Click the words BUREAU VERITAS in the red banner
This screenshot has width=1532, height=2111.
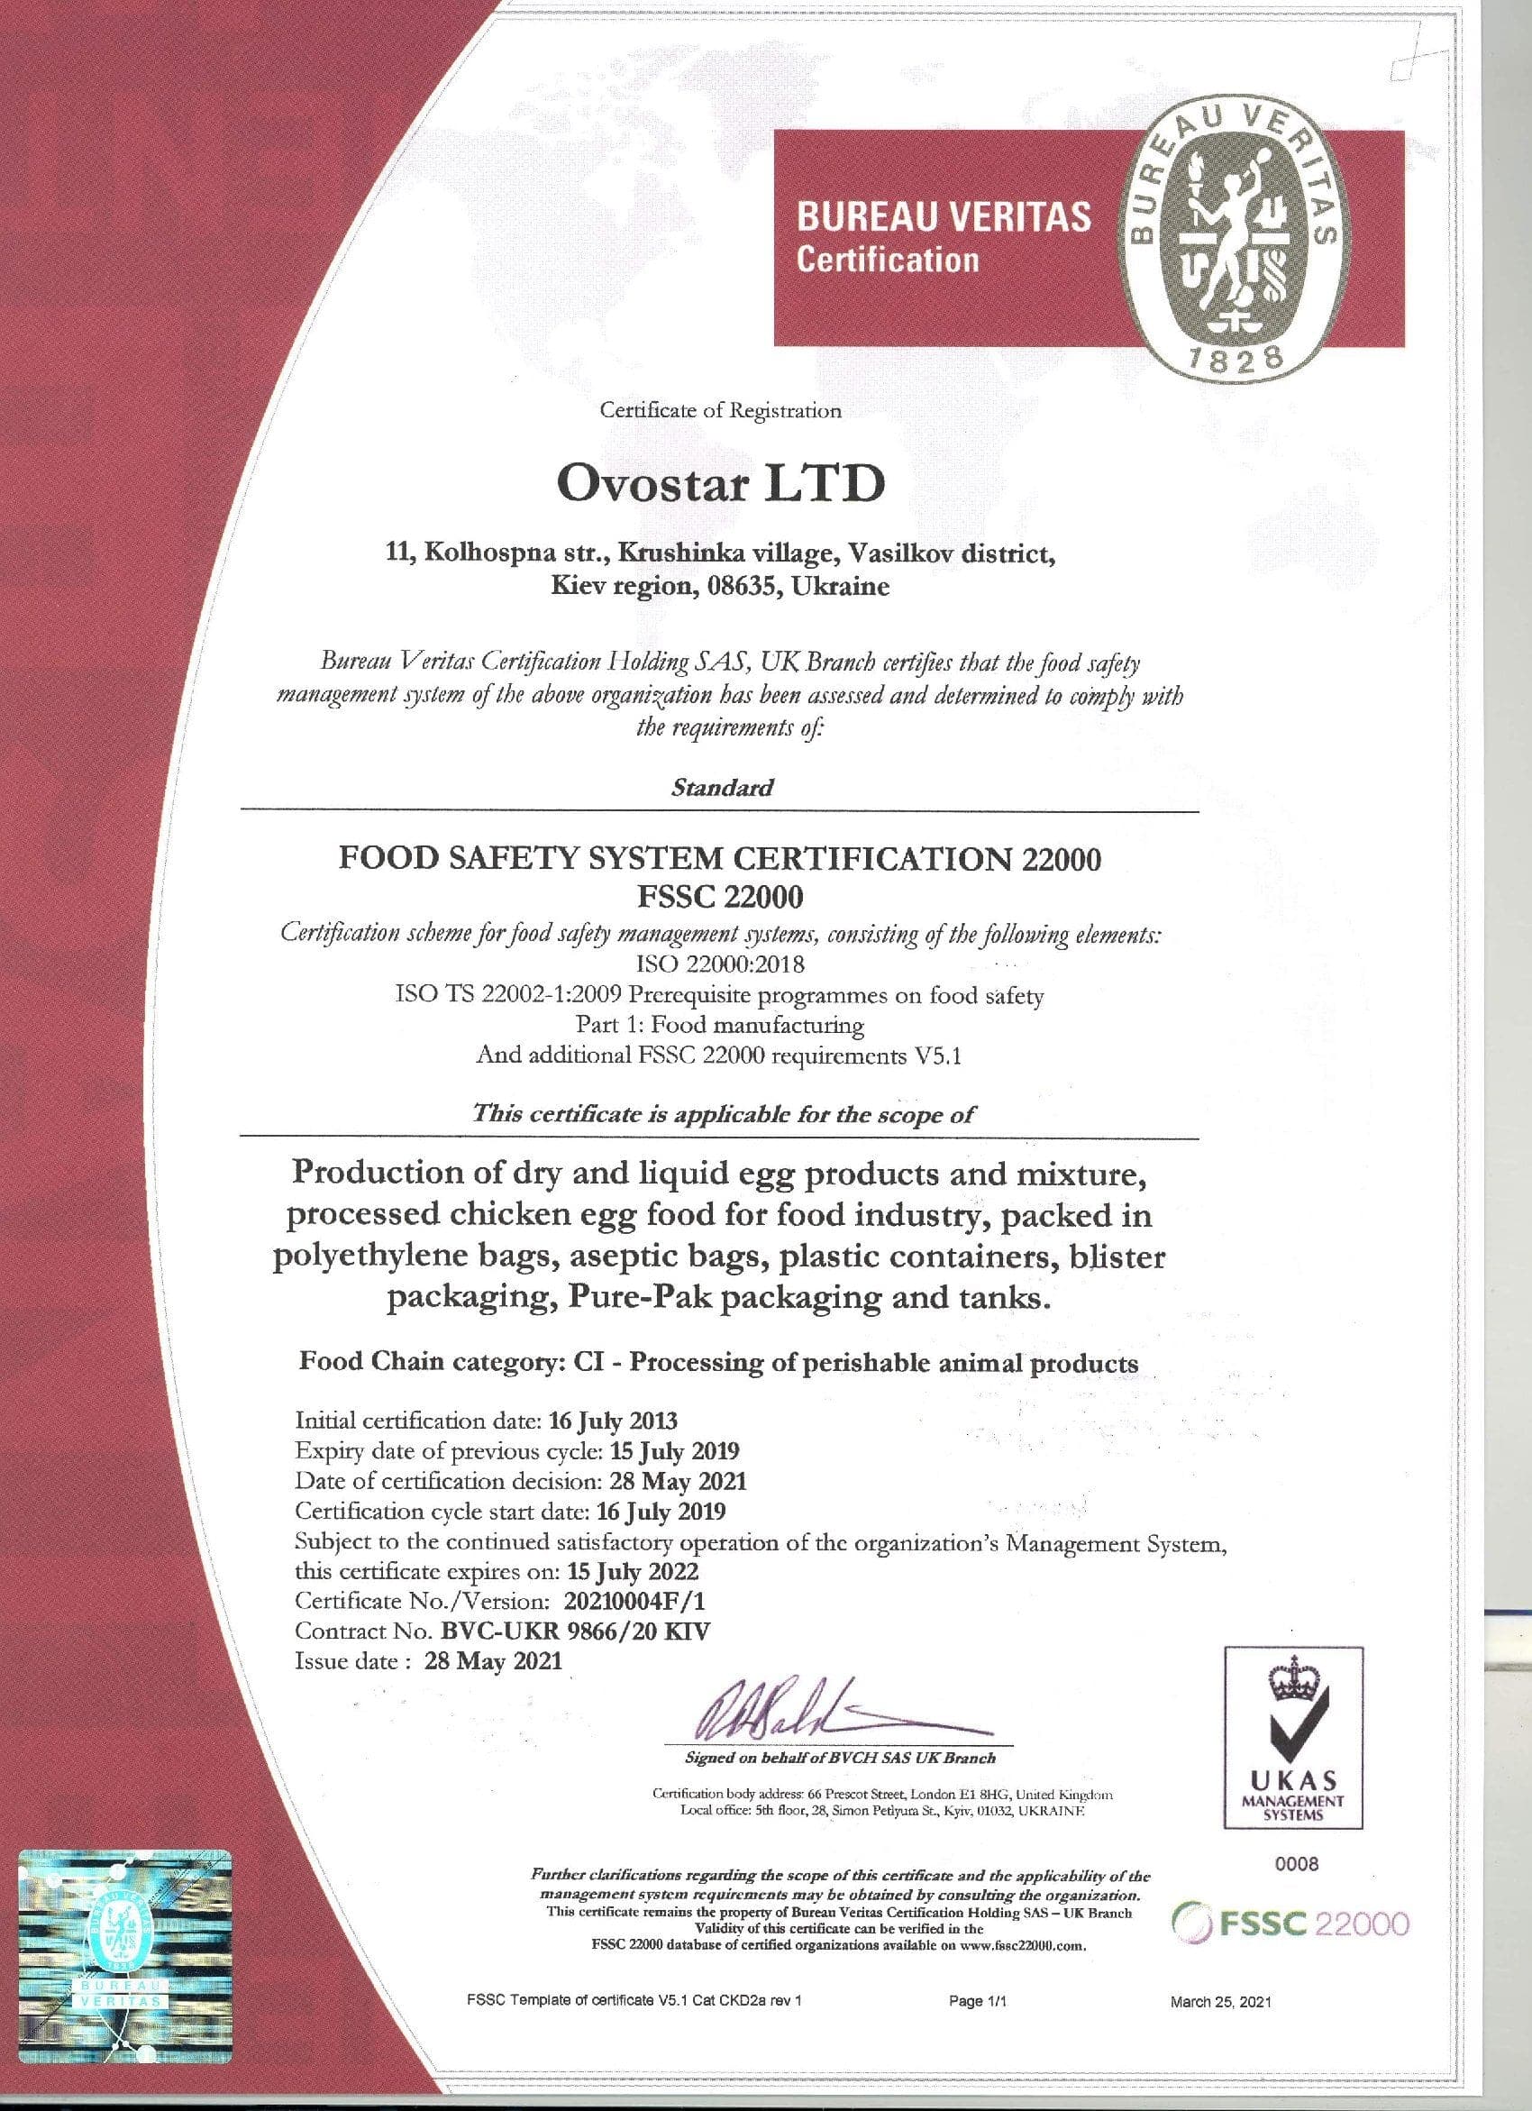pyautogui.click(x=943, y=217)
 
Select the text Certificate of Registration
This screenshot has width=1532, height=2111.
pyautogui.click(x=719, y=409)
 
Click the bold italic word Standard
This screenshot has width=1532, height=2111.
pyautogui.click(x=722, y=788)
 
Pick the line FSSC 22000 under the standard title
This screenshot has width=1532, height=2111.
pyautogui.click(x=719, y=896)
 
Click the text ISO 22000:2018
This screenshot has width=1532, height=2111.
pyautogui.click(x=719, y=964)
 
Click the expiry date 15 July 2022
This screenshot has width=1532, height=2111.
pyautogui.click(x=633, y=1572)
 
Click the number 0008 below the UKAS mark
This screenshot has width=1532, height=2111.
pyautogui.click(x=1293, y=1863)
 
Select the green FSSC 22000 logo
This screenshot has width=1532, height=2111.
pyautogui.click(x=1292, y=1923)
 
